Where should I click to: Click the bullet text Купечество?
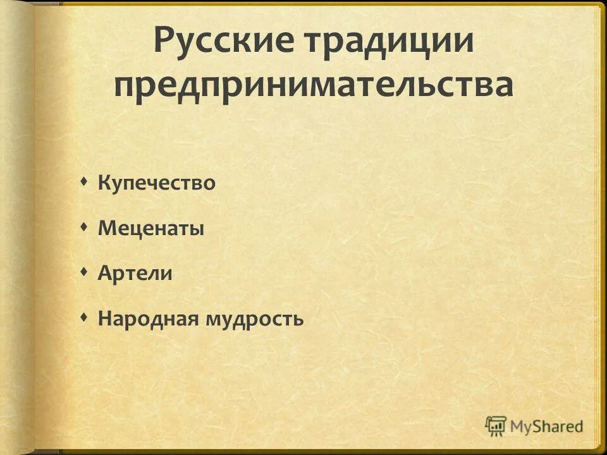157,184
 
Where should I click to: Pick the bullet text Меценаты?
151,229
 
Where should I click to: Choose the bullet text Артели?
135,274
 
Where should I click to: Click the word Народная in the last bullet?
149,318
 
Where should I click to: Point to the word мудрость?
254,319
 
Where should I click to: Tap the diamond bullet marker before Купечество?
85,183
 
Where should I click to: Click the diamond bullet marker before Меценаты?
85,227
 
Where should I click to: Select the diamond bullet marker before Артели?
85,272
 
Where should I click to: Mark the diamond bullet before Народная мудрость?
85,318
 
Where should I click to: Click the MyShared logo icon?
496,425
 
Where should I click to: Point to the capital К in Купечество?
104,184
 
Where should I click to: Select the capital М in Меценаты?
106,229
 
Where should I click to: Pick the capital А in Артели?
104,274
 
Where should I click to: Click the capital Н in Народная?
105,318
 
